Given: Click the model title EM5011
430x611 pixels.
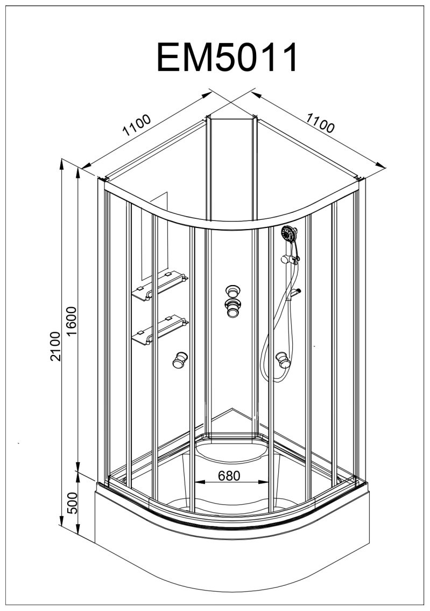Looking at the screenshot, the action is point(228,58).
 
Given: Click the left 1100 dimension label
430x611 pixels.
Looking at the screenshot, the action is point(137,124).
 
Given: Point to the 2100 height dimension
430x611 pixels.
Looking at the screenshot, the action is point(55,346).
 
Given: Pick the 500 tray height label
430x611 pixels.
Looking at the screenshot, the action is point(73,503).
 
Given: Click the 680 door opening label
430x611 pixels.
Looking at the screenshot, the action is point(229,475).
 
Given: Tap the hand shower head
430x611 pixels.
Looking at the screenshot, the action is point(289,234).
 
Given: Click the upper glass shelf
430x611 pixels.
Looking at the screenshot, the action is point(159,286).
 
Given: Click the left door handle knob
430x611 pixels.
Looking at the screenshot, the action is point(180,360).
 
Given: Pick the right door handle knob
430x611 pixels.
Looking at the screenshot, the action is point(283,360).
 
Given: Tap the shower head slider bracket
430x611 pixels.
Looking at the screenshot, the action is point(290,260).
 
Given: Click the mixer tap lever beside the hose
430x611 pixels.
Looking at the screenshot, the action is point(295,292).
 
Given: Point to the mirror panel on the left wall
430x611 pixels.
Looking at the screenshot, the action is point(154,236).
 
